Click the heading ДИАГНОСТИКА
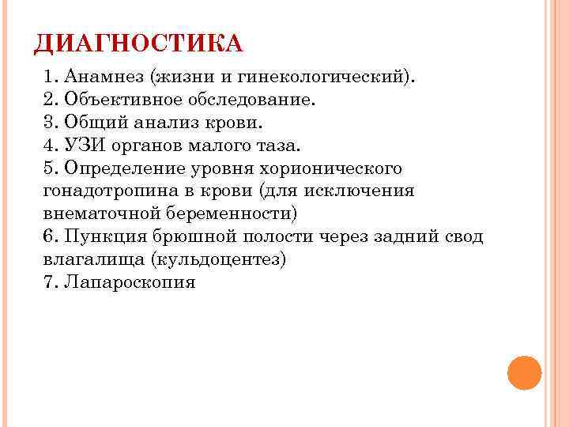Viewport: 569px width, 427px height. point(138,43)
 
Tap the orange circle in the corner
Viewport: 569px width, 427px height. point(523,372)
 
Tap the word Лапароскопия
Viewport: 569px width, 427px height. point(130,282)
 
